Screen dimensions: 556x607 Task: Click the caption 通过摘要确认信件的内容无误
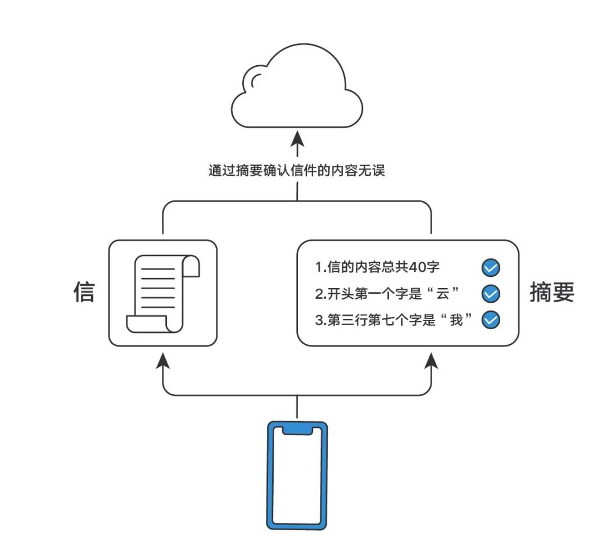point(297,171)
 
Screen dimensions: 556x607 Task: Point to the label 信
point(84,292)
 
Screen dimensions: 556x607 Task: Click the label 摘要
point(552,292)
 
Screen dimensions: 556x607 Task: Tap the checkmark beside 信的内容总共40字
point(491,268)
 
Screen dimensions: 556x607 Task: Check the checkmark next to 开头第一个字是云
point(491,294)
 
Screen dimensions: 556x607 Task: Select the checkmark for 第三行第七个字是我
point(491,320)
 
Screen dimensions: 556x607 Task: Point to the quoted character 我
point(456,320)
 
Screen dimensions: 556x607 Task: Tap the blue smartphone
point(297,475)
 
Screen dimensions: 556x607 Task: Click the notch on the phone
point(297,430)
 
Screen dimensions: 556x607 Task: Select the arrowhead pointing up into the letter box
point(163,359)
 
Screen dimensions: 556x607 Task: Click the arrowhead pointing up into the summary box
point(432,359)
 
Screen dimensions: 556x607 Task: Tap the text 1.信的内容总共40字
point(378,268)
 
